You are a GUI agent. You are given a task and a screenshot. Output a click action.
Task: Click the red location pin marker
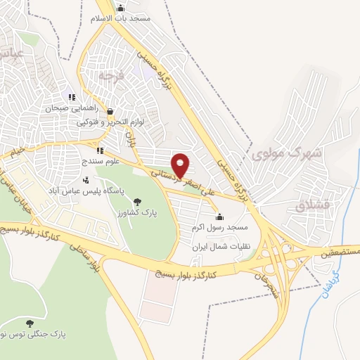(181, 165)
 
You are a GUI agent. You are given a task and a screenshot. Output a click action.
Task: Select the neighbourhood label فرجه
(111, 74)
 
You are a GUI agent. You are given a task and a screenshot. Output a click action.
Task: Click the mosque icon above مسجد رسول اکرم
(219, 217)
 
